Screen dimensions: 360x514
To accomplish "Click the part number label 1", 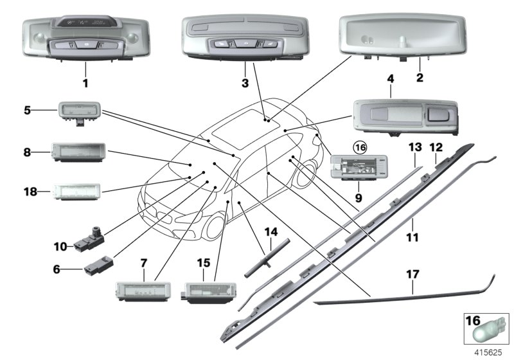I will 85,83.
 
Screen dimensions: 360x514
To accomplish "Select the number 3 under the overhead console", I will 245,83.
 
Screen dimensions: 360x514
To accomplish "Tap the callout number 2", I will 419,78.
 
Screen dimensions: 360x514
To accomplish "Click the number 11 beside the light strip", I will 412,237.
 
